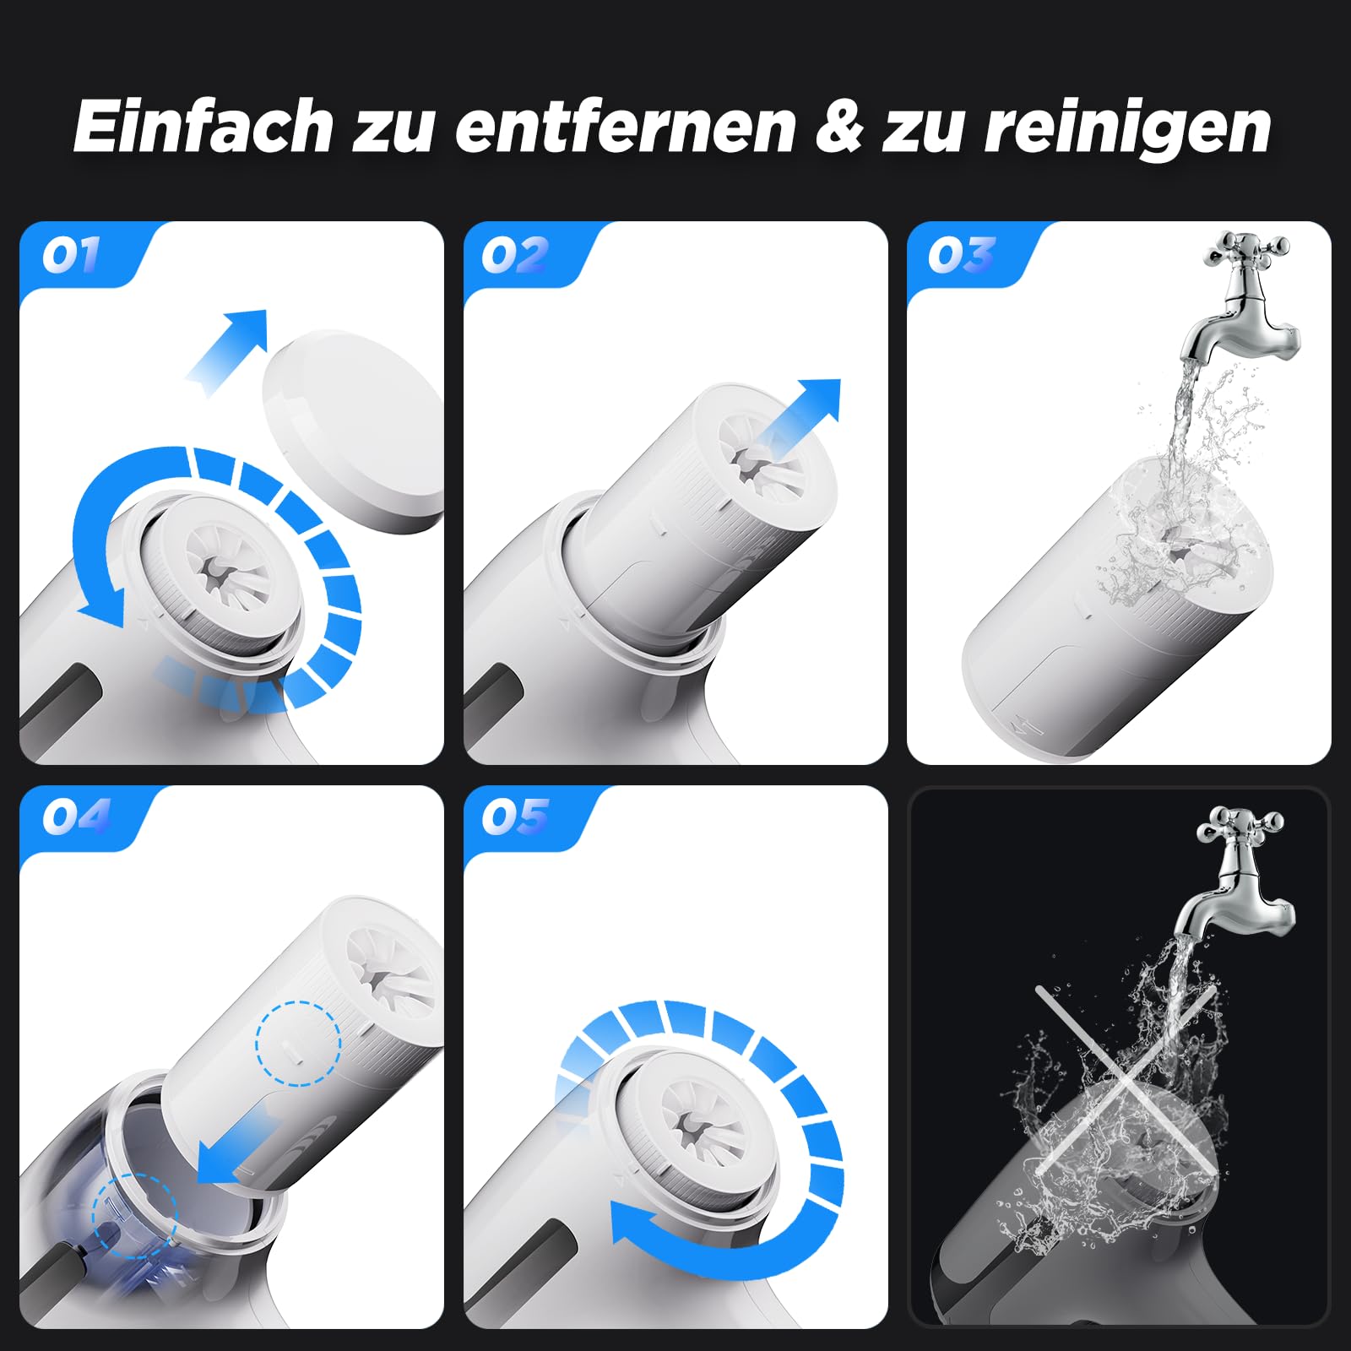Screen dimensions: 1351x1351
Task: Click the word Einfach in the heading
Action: [x=203, y=127]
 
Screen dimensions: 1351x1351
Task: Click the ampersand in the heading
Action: [x=841, y=128]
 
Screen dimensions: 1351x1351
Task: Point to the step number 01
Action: [x=71, y=254]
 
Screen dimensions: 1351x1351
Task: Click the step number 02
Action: [x=515, y=254]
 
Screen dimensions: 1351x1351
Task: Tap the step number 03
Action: [x=962, y=254]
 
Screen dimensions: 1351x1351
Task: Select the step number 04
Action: [x=76, y=817]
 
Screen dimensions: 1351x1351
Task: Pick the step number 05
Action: [x=515, y=817]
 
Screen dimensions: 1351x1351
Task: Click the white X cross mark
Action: [x=1127, y=1081]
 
